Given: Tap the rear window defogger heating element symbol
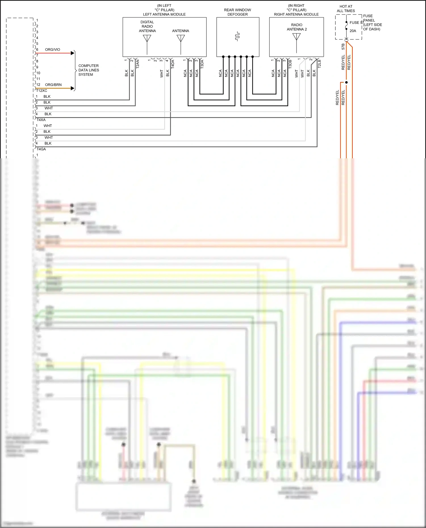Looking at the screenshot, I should pyautogui.click(x=237, y=36).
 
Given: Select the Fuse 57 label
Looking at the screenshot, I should pyautogui.click(x=356, y=23).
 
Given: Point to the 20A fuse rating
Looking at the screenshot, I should pyautogui.click(x=353, y=31).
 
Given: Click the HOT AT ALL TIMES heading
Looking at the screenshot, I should pyautogui.click(x=346, y=9).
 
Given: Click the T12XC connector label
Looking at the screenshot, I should pyautogui.click(x=41, y=91).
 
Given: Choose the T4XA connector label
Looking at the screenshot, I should pyautogui.click(x=41, y=120).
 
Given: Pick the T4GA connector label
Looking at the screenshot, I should pyautogui.click(x=41, y=149).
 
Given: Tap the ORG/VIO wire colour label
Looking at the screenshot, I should pyautogui.click(x=53, y=50).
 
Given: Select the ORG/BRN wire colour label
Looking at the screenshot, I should pyautogui.click(x=53, y=85).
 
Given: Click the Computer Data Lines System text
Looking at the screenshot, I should pyautogui.click(x=89, y=70).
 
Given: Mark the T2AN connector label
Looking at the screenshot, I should pyautogui.click(x=138, y=64).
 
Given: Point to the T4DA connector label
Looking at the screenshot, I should pyautogui.click(x=173, y=64).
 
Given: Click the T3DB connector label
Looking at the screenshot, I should pyautogui.click(x=290, y=64).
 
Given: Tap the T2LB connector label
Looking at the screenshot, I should pyautogui.click(x=319, y=64).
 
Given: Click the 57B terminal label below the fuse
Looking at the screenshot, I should pyautogui.click(x=343, y=47).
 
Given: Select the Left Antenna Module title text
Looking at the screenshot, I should pyautogui.click(x=164, y=14).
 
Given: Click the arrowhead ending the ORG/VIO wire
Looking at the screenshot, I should pyautogui.click(x=72, y=53).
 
